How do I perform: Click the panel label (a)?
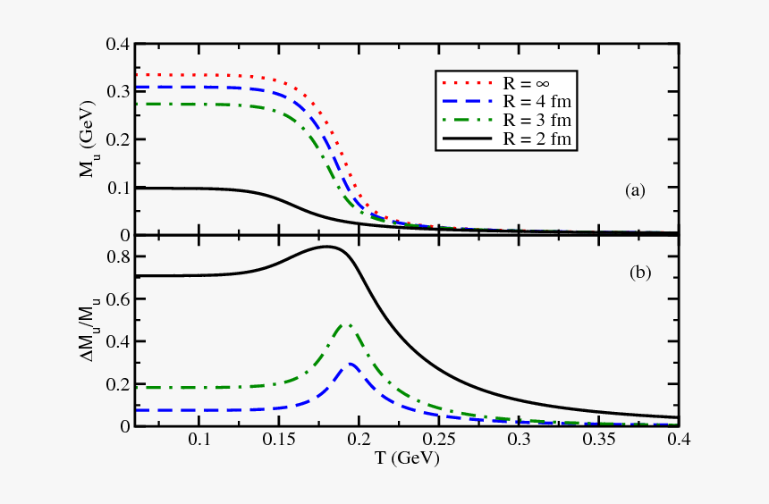click(x=634, y=189)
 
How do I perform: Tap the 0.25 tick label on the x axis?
click(x=438, y=441)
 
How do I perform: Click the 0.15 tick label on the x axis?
click(x=279, y=441)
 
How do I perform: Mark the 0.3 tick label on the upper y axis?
click(x=118, y=92)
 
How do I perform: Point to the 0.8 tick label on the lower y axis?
click(x=118, y=257)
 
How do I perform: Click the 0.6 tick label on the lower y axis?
click(x=118, y=299)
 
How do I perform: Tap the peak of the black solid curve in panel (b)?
click(x=328, y=247)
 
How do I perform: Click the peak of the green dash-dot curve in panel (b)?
click(x=347, y=325)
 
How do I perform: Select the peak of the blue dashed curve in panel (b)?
click(x=351, y=364)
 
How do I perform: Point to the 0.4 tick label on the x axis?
click(x=677, y=441)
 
